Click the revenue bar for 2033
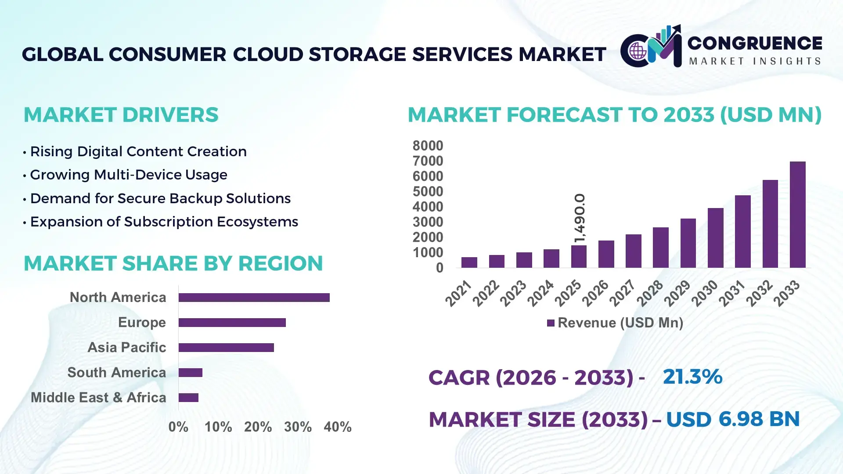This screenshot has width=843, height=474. pyautogui.click(x=797, y=215)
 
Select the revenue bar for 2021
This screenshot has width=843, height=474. pyautogui.click(x=469, y=262)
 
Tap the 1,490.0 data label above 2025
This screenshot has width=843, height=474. pyautogui.click(x=580, y=218)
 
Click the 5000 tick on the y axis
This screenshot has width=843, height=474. pyautogui.click(x=428, y=192)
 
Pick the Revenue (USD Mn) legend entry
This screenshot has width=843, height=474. pyautogui.click(x=615, y=323)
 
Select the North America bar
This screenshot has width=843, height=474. pyautogui.click(x=254, y=298)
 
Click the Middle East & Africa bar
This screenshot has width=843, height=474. pyautogui.click(x=188, y=398)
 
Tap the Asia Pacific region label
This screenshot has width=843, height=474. pyautogui.click(x=126, y=348)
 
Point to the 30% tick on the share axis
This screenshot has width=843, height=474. pyautogui.click(x=298, y=427)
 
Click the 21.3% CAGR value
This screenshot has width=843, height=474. pyautogui.click(x=692, y=377)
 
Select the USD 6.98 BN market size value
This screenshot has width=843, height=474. pyautogui.click(x=732, y=419)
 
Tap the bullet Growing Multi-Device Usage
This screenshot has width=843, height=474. pyautogui.click(x=128, y=175)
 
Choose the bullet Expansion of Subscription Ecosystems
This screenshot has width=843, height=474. pyautogui.click(x=164, y=222)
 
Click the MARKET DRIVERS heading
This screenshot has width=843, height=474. pyautogui.click(x=121, y=115)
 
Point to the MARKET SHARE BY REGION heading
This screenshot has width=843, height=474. pyautogui.click(x=173, y=264)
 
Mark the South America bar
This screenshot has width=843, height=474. pyautogui.click(x=190, y=373)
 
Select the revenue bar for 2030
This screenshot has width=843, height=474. pyautogui.click(x=715, y=238)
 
